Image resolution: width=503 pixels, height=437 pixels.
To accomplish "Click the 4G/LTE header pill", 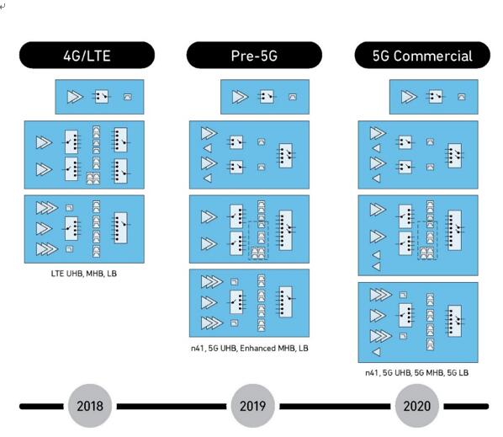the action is [x=87, y=55].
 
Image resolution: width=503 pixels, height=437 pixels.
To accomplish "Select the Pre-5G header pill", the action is [x=254, y=55].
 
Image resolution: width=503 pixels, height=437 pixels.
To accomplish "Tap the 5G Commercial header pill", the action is [x=422, y=55].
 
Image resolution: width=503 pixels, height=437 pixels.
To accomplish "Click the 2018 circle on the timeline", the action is [x=90, y=406].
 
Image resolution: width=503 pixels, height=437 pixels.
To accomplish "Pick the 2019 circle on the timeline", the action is [x=253, y=406].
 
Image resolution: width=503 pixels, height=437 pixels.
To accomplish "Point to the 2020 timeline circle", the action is [x=416, y=406].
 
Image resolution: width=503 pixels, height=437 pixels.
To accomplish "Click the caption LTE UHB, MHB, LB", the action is [x=84, y=274].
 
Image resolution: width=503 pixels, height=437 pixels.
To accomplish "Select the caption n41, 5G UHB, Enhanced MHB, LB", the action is [x=250, y=348].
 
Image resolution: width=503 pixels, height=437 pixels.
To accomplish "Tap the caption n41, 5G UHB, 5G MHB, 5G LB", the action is [x=416, y=373].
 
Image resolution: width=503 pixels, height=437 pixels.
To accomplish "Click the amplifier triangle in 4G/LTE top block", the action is [x=75, y=97].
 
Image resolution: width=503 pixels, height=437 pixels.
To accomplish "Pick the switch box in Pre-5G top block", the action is [x=267, y=96].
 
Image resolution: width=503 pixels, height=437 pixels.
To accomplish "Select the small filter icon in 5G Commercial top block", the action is [x=461, y=97].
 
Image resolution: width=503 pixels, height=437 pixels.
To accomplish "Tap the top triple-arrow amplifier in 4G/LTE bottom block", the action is [x=47, y=208].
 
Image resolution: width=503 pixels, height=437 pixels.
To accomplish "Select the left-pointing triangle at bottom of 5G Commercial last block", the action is [x=376, y=352].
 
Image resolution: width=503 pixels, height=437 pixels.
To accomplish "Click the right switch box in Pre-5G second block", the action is [x=285, y=156].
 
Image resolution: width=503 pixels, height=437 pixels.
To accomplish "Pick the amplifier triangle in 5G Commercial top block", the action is [x=409, y=97].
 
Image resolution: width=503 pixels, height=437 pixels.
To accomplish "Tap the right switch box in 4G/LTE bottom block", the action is [x=120, y=227].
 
